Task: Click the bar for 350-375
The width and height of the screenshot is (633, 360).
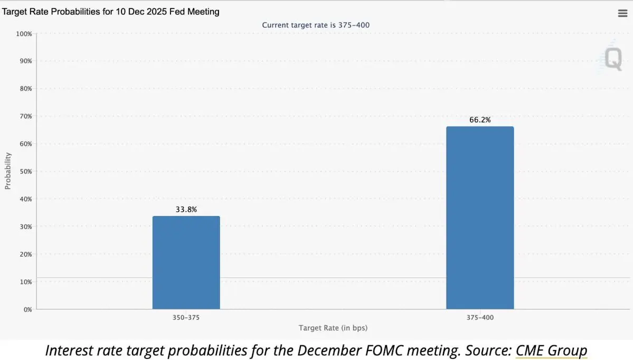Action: [186, 262]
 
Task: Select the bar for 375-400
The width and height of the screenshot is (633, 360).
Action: [479, 217]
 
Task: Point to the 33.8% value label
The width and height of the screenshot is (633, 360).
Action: [186, 210]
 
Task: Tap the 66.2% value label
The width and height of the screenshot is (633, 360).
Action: [479, 120]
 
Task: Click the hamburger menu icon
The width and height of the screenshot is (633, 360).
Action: [622, 14]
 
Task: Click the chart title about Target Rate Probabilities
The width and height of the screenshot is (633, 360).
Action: [111, 12]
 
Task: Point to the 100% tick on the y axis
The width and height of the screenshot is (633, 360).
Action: [24, 34]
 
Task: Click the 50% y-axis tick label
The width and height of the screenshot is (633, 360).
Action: [26, 172]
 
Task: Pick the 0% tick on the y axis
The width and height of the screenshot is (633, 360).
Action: [27, 309]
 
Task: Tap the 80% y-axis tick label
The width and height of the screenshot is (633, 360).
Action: [26, 89]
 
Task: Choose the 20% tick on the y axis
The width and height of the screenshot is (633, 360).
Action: [26, 254]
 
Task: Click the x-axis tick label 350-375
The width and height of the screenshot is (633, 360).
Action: [186, 318]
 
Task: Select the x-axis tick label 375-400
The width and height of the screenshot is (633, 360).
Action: [479, 318]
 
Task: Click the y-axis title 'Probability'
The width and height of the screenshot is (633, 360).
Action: [8, 170]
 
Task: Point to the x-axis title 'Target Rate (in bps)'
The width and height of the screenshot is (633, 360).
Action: [333, 328]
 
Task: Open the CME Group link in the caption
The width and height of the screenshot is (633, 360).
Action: [551, 350]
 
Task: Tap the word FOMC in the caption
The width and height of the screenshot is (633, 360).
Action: [413, 350]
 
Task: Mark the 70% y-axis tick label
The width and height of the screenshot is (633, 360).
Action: [26, 116]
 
